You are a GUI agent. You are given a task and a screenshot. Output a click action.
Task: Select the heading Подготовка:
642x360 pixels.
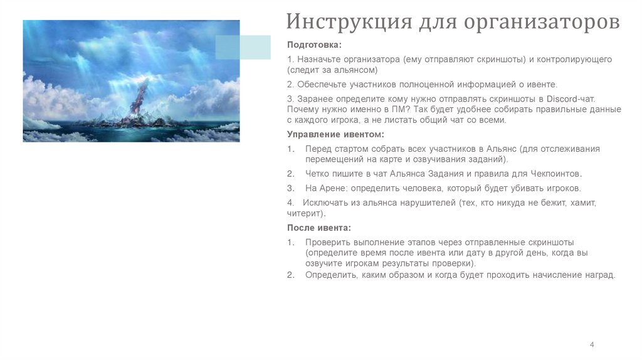click(315, 45)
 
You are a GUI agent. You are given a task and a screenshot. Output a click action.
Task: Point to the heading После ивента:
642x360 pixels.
click(319, 228)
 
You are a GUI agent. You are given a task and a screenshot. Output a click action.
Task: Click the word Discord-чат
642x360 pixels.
click(571, 99)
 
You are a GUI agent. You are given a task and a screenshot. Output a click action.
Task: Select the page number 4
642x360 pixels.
click(592, 344)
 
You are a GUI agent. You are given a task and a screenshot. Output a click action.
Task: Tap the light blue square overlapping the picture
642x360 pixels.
click(243, 47)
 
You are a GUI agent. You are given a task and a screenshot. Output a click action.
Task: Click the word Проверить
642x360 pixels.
click(327, 242)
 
